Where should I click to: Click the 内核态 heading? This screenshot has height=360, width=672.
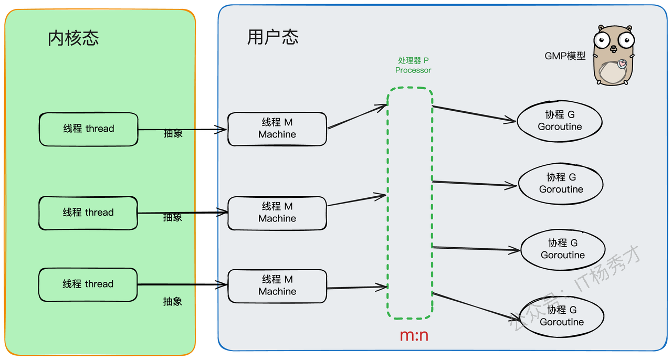click(x=73, y=38)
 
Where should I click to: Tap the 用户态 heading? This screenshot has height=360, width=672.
click(x=272, y=37)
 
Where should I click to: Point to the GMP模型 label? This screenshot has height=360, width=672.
click(x=565, y=56)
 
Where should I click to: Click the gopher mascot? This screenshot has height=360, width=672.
click(x=613, y=56)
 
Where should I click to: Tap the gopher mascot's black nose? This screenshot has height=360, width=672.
click(x=613, y=48)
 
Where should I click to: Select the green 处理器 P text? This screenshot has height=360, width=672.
click(x=413, y=61)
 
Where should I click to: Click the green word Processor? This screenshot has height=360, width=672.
click(x=413, y=70)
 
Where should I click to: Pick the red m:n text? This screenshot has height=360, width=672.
click(x=414, y=335)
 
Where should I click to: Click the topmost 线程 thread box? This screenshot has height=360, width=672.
click(x=88, y=129)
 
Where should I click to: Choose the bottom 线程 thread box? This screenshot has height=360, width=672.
click(x=88, y=284)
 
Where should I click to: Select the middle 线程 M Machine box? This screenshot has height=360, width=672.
click(x=277, y=213)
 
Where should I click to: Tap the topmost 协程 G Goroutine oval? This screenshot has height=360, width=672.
click(x=559, y=121)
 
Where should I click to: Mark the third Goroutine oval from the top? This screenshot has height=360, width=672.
click(x=562, y=249)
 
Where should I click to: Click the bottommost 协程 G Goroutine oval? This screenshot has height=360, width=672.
click(x=561, y=316)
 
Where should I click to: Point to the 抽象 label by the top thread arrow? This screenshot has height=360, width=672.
click(x=173, y=134)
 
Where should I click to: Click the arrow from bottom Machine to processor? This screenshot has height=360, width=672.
click(x=357, y=288)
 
